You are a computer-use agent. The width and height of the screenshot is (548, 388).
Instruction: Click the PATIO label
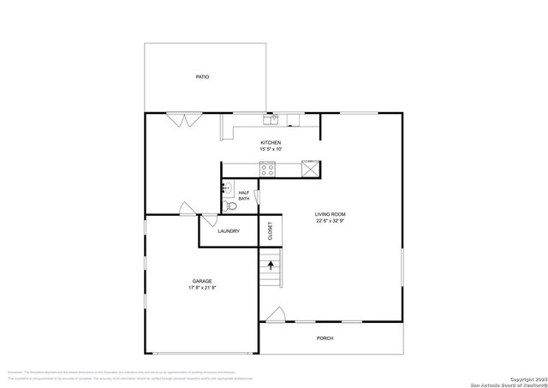(202, 77)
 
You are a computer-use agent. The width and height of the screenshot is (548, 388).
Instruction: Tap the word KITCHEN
(271, 142)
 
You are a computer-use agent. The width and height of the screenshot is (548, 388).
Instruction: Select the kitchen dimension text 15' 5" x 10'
(271, 149)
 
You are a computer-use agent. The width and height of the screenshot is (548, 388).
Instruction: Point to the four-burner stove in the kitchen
(268, 170)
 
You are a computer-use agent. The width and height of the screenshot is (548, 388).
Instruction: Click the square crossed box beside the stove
(313, 169)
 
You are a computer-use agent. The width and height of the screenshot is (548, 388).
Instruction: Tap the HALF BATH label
(244, 195)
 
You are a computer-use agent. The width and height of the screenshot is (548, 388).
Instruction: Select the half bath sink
(228, 188)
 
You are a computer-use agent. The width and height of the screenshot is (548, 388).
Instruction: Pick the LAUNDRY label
(228, 231)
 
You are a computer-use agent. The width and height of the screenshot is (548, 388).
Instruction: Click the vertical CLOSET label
(270, 230)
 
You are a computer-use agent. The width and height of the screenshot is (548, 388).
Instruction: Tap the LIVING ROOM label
(331, 214)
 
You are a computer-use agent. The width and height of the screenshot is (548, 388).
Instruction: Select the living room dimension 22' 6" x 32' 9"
(331, 221)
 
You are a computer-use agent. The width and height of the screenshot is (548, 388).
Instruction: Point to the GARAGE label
(202, 281)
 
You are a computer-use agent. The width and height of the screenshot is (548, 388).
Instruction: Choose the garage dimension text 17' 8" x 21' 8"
(202, 288)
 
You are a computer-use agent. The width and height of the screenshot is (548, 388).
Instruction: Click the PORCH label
(325, 338)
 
